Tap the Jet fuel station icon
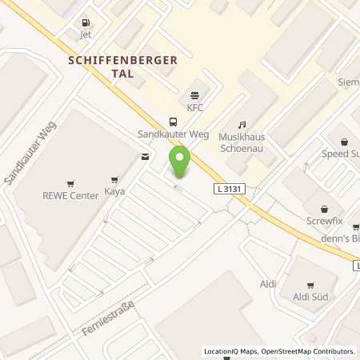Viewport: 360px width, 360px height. [86, 23]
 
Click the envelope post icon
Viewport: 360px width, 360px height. [144, 157]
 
